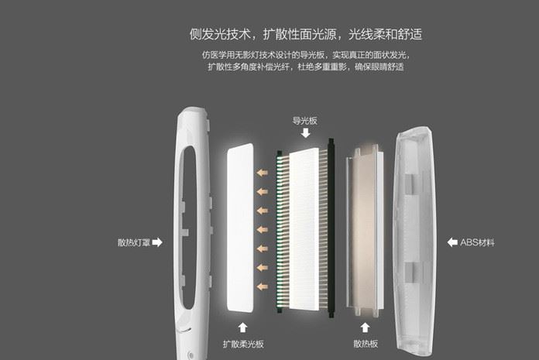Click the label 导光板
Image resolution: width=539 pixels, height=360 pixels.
(x=305, y=121)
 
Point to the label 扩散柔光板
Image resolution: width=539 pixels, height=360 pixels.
(x=243, y=344)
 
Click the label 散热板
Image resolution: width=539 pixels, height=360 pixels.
(x=366, y=344)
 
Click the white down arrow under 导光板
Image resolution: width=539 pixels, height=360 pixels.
(x=305, y=134)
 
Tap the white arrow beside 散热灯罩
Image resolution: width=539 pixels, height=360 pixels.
(x=157, y=242)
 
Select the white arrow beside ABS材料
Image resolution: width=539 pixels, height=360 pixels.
(x=452, y=242)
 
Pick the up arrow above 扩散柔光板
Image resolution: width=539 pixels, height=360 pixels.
(x=243, y=327)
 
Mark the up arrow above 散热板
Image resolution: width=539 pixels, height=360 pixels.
(x=366, y=327)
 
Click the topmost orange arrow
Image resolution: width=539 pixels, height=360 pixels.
(x=264, y=172)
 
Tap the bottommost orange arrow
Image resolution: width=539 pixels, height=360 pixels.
(x=264, y=286)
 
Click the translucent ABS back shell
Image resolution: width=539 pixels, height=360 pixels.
(x=417, y=232)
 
